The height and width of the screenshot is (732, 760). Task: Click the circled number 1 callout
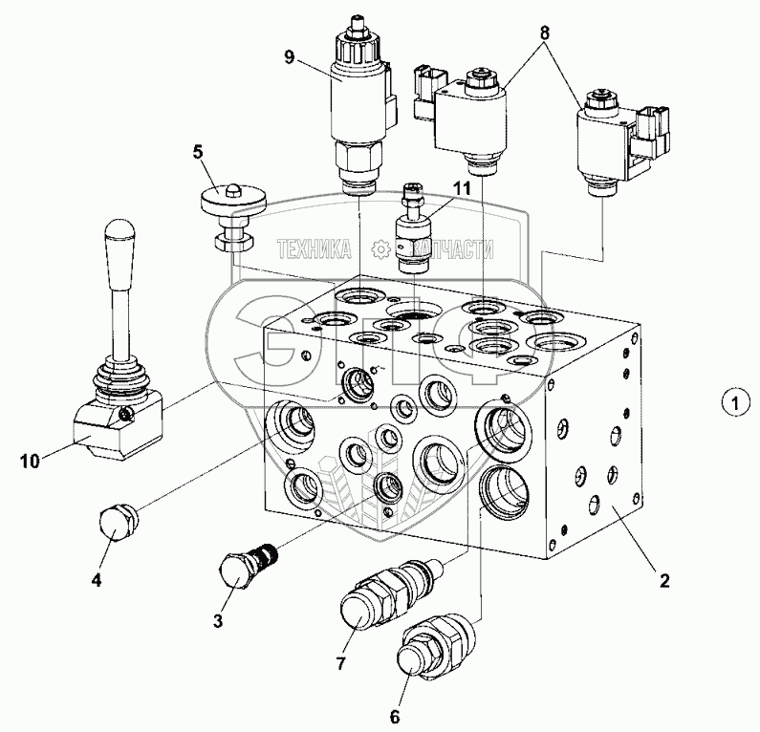(731, 403)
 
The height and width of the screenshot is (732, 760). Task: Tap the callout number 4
(98, 579)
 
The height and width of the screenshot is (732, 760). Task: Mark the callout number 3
(219, 620)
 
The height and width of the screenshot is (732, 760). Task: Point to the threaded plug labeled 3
(247, 566)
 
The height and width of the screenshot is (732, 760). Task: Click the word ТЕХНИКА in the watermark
(313, 250)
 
